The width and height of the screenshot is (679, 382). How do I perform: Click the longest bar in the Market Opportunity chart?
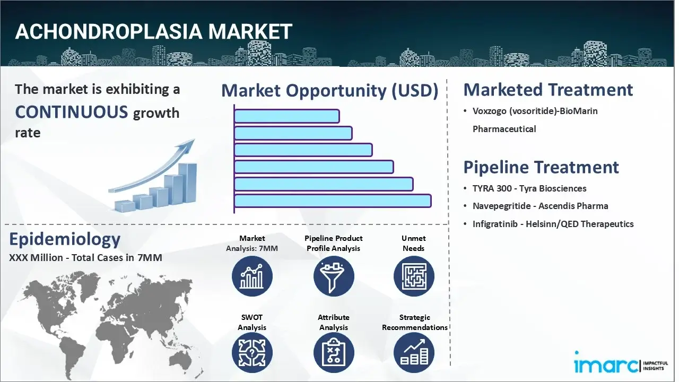pyautogui.click(x=332, y=201)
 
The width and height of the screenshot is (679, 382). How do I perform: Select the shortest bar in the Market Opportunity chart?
pyautogui.click(x=286, y=116)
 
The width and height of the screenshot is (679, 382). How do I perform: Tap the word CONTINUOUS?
pyautogui.click(x=71, y=112)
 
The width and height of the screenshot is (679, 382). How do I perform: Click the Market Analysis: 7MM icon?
pyautogui.click(x=252, y=276)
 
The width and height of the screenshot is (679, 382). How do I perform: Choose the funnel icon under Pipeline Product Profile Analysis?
pyautogui.click(x=333, y=276)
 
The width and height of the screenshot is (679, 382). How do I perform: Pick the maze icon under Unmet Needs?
pyautogui.click(x=413, y=276)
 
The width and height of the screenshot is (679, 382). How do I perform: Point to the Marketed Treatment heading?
pyautogui.click(x=548, y=90)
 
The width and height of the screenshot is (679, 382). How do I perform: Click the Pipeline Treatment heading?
pyautogui.click(x=541, y=167)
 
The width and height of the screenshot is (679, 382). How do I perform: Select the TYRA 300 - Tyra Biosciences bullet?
pyautogui.click(x=529, y=188)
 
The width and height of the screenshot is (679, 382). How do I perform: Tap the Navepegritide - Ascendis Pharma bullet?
pyautogui.click(x=540, y=206)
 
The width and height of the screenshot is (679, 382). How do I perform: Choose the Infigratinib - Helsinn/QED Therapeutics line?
pyautogui.click(x=553, y=224)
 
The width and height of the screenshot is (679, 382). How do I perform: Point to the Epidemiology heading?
pyautogui.click(x=65, y=239)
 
